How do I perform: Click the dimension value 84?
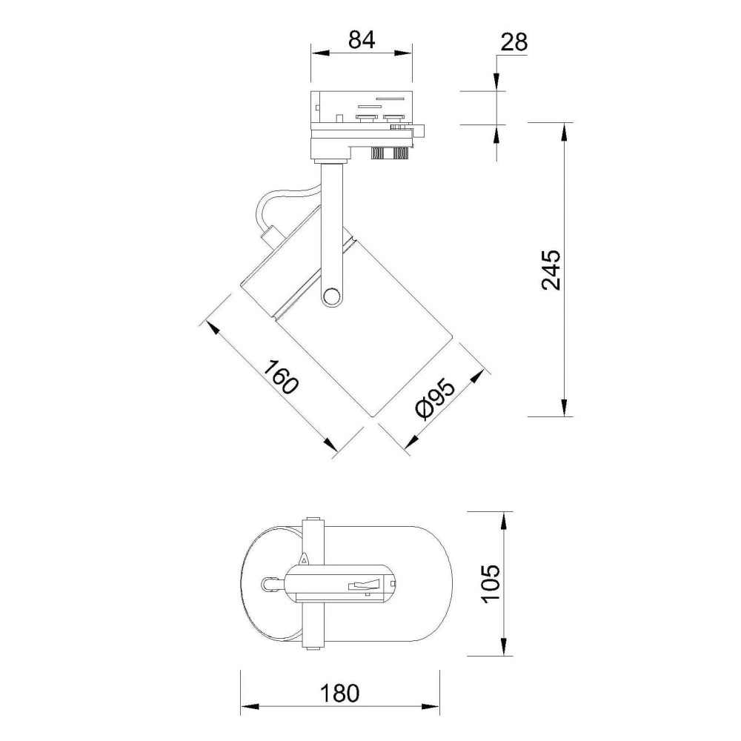click(x=362, y=40)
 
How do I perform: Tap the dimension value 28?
click(x=514, y=42)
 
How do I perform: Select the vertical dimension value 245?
click(x=551, y=270)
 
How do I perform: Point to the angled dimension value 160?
click(x=281, y=376)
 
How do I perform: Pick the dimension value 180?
click(x=340, y=694)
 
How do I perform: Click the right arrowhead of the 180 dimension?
click(x=431, y=707)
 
